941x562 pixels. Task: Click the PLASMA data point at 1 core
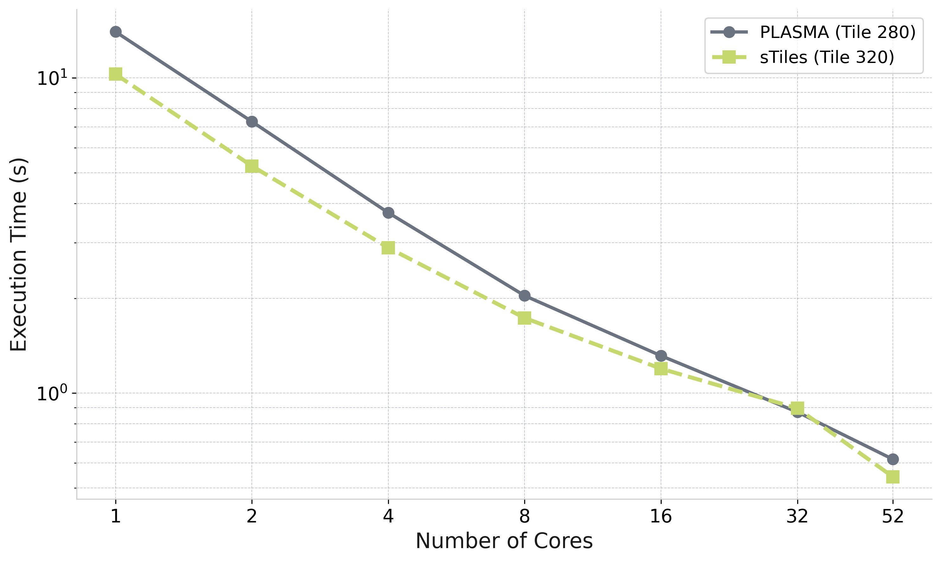[116, 32]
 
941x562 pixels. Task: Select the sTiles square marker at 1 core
[116, 74]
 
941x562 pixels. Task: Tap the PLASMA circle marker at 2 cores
[252, 122]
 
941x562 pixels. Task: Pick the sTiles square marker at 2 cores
[252, 166]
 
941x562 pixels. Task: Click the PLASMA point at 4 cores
[388, 213]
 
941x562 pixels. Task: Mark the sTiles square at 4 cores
[388, 248]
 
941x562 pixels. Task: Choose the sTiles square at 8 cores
[525, 318]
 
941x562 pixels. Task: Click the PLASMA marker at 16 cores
[661, 356]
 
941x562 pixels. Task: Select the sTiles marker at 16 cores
[661, 368]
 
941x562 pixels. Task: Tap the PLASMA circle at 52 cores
[893, 459]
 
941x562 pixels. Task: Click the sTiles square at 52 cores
[893, 477]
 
